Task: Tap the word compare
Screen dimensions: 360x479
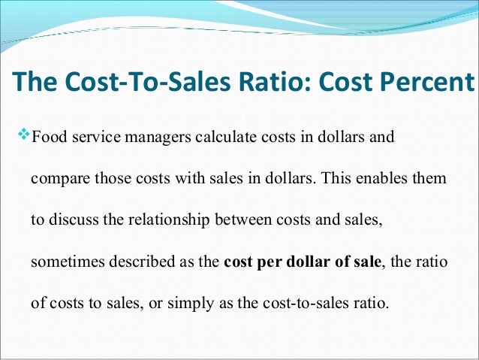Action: point(57,181)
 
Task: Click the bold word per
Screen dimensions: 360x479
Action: point(267,265)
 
